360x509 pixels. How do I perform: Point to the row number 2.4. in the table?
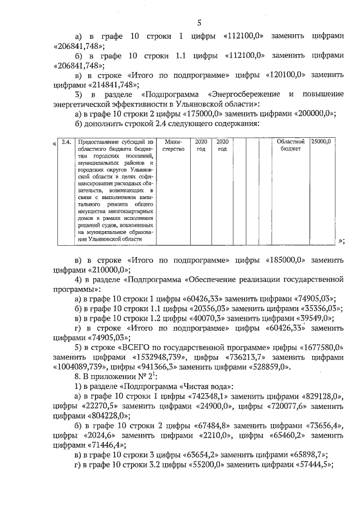click(x=66, y=143)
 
